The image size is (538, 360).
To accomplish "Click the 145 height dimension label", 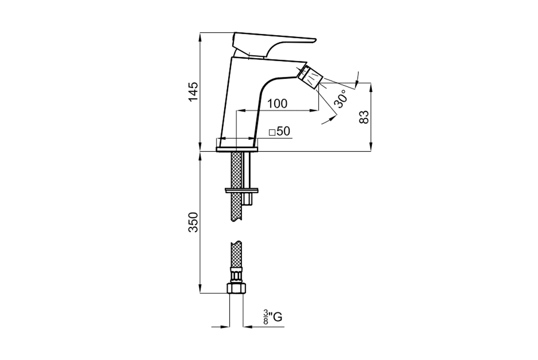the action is point(194,92).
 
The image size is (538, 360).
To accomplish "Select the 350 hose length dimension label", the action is point(194,223).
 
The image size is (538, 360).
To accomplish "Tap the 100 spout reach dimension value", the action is point(277,103).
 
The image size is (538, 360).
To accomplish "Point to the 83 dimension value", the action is point(365,117).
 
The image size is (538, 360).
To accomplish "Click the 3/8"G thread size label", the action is point(272,317).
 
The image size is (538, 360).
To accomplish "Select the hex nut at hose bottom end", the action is point(236,288).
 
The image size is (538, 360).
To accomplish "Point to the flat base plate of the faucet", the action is point(236,149).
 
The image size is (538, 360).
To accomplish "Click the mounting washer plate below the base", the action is point(242,190).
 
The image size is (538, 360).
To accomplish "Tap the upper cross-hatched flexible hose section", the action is point(237,187).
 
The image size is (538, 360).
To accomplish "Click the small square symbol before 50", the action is point(272,132).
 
